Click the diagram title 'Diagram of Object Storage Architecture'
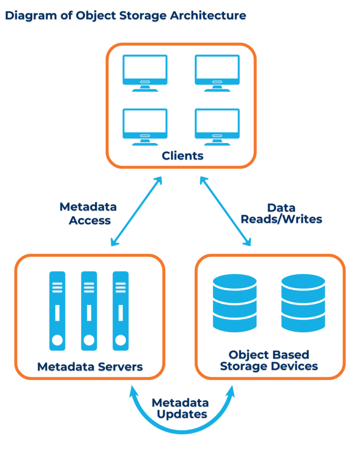click(x=125, y=16)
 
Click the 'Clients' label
click(x=182, y=156)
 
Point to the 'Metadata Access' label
click(x=88, y=214)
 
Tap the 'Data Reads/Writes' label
click(x=281, y=214)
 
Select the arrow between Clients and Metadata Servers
click(x=136, y=211)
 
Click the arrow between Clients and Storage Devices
click(x=225, y=211)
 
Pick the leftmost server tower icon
click(x=57, y=311)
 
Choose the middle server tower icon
click(x=89, y=311)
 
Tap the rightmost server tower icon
click(x=120, y=311)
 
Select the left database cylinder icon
click(x=234, y=303)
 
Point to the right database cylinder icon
click(x=303, y=303)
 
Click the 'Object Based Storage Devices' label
click(x=269, y=360)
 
